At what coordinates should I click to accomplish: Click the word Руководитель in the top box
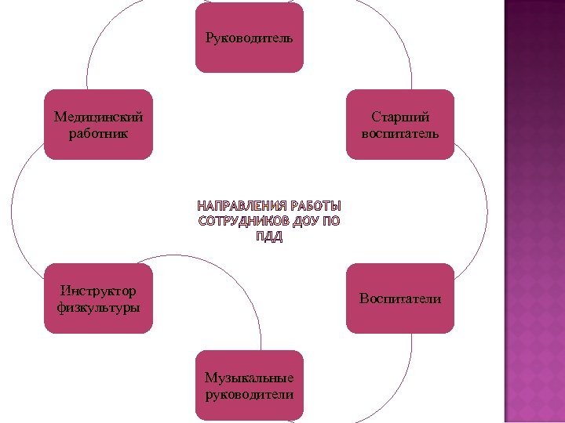pyautogui.click(x=249, y=38)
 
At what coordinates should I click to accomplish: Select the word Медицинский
pyautogui.click(x=99, y=117)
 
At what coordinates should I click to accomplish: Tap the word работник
pyautogui.click(x=99, y=133)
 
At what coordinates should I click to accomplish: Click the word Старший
pyautogui.click(x=400, y=117)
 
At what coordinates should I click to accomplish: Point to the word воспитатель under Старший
pyautogui.click(x=400, y=133)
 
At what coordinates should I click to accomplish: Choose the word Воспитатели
pyautogui.click(x=400, y=298)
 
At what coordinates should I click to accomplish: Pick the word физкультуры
pyautogui.click(x=99, y=307)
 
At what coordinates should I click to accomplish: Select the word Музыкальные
pyautogui.click(x=249, y=378)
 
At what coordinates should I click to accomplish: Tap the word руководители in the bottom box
pyautogui.click(x=249, y=394)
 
